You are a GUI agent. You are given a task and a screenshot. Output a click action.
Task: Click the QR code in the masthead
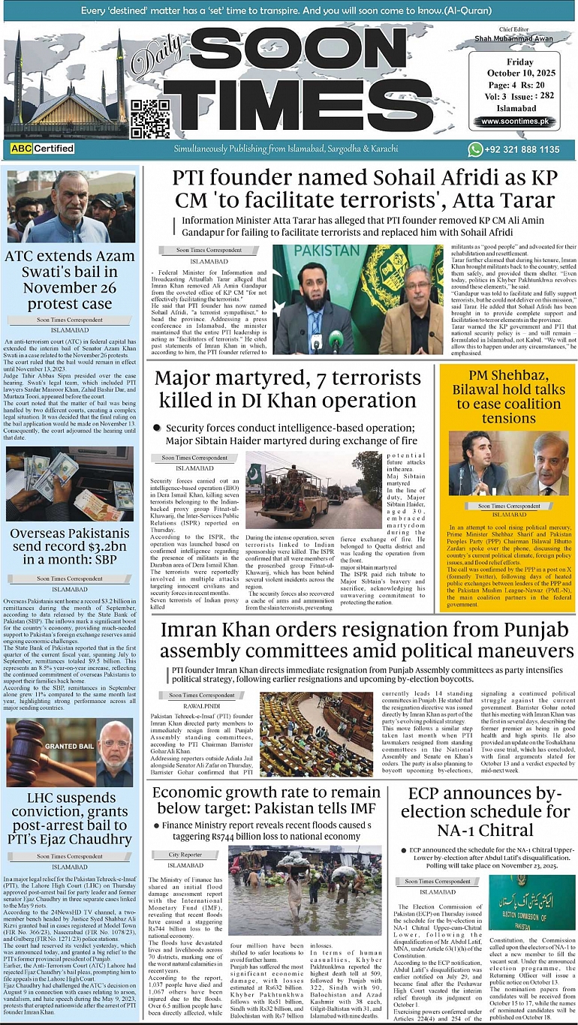[149, 118]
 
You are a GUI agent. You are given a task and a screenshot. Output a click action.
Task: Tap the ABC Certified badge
[42, 149]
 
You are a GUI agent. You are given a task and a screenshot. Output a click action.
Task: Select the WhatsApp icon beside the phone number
[474, 149]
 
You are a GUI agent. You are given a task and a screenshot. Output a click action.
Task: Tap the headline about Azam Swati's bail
[69, 279]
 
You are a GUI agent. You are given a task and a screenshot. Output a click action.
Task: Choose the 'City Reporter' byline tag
[185, 855]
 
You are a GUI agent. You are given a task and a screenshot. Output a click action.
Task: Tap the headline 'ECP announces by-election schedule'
[490, 813]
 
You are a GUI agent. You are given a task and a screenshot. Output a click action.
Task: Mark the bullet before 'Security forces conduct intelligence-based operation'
[158, 427]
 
